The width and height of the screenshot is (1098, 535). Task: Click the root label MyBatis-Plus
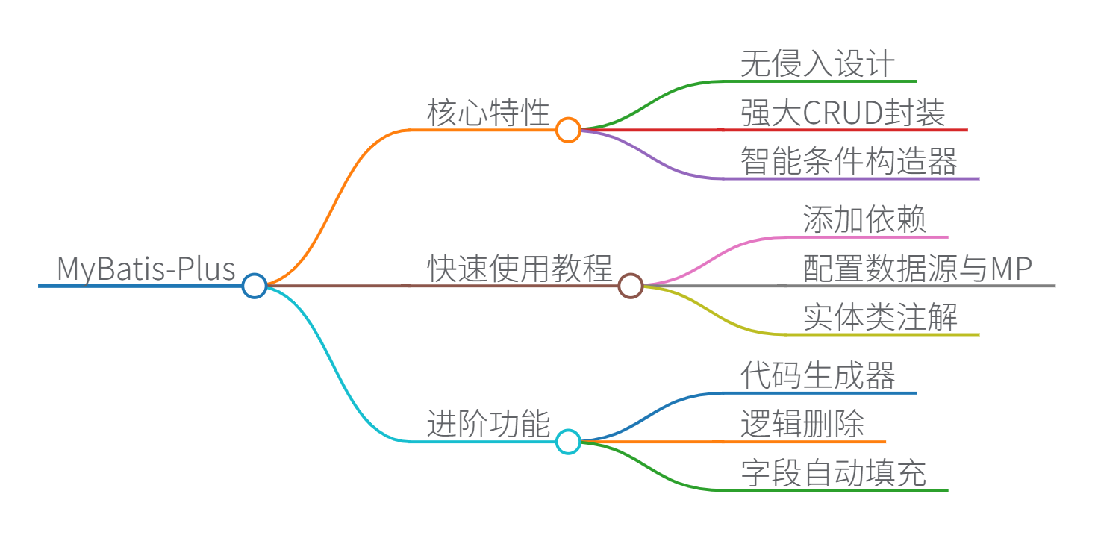pyautogui.click(x=146, y=269)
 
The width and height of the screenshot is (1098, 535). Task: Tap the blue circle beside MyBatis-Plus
pyautogui.click(x=255, y=285)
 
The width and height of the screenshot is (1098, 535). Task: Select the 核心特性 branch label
pyautogui.click(x=488, y=113)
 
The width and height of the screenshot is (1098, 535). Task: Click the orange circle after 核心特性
pyautogui.click(x=568, y=130)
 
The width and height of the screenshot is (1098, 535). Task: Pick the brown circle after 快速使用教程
pyautogui.click(x=631, y=285)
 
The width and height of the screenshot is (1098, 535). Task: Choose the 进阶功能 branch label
pyautogui.click(x=488, y=425)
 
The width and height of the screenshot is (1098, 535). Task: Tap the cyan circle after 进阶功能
pyautogui.click(x=568, y=442)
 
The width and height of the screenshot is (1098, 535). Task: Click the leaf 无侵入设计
pyautogui.click(x=817, y=64)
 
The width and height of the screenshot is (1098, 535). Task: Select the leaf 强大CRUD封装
pyautogui.click(x=843, y=113)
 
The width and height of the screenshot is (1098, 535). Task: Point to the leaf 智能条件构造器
pyautogui.click(x=849, y=161)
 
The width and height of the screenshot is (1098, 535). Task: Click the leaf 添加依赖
pyautogui.click(x=864, y=220)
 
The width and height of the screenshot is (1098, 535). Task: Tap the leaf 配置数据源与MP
pyautogui.click(x=917, y=269)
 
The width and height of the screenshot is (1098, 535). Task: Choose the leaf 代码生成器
pyautogui.click(x=817, y=376)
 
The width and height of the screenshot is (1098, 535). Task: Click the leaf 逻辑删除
pyautogui.click(x=802, y=425)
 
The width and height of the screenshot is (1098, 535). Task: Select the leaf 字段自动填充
pyautogui.click(x=833, y=473)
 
